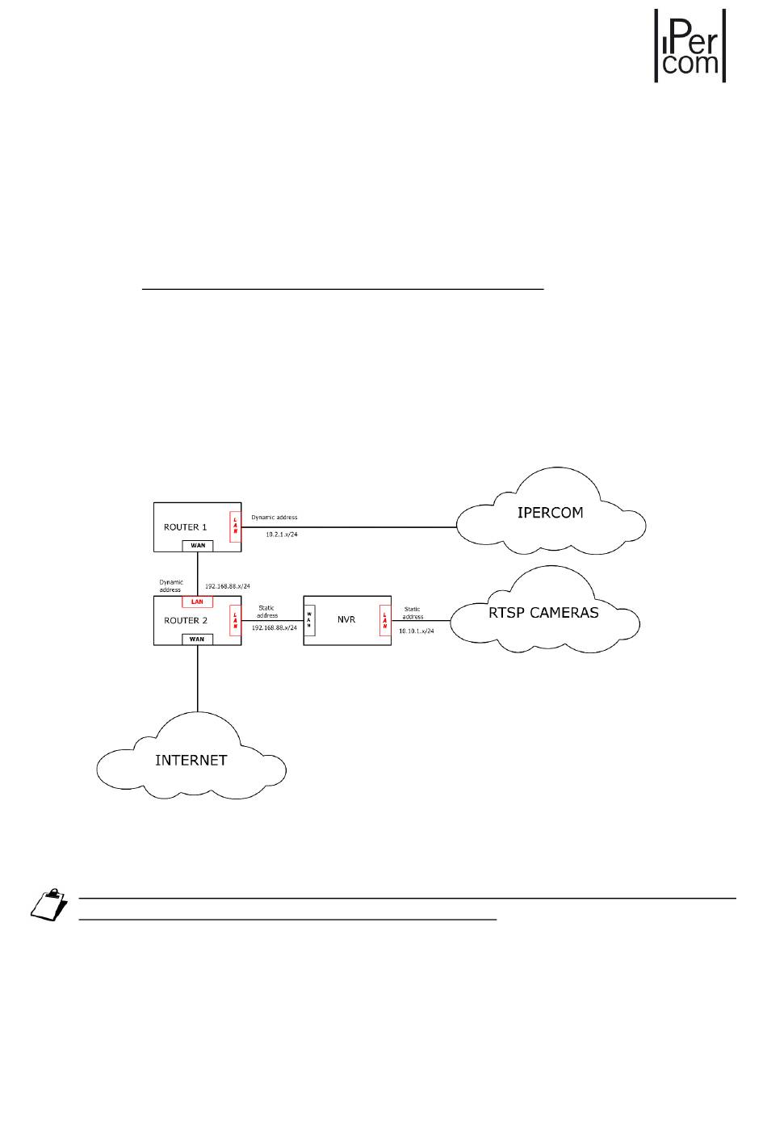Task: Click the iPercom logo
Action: pos(689,45)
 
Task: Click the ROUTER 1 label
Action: pos(185,527)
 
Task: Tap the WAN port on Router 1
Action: pos(198,546)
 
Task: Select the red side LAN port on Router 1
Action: pos(235,526)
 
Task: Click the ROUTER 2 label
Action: pos(185,621)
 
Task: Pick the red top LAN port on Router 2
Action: pos(197,602)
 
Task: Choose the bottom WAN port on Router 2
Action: pos(197,639)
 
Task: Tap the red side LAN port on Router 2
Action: pos(235,620)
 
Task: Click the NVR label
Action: pos(346,620)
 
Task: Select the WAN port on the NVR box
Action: pos(309,620)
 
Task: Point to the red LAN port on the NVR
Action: pos(385,620)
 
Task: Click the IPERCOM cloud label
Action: pos(550,513)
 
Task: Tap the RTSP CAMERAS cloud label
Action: pos(543,613)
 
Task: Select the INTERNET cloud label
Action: pos(191,760)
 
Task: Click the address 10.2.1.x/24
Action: pos(281,535)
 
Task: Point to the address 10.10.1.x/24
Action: pos(416,631)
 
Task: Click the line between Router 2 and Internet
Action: pos(197,678)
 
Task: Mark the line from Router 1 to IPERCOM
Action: pos(363,527)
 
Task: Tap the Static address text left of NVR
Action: pos(266,612)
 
